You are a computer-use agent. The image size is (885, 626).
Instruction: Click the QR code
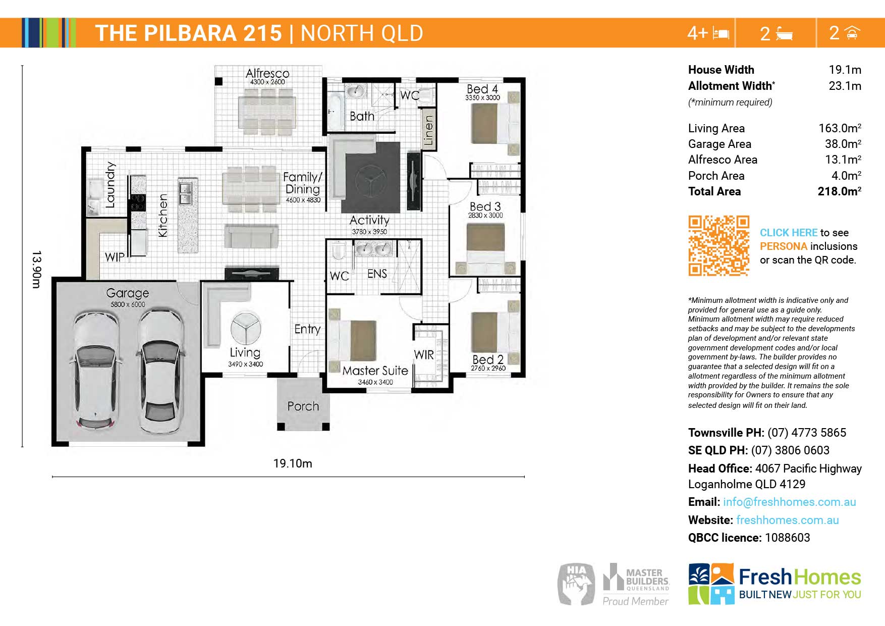point(718,246)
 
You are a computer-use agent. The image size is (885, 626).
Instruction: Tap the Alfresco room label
point(267,74)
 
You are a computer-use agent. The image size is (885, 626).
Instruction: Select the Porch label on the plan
point(303,406)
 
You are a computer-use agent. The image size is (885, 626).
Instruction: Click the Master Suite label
point(375,371)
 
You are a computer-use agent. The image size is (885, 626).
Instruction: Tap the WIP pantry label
point(115,257)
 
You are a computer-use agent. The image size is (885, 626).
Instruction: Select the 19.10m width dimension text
point(293,463)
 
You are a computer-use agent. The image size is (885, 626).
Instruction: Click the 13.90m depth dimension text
point(36,269)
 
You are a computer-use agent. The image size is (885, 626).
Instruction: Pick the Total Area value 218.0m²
point(839,191)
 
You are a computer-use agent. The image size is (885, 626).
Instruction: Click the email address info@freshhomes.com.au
point(790,502)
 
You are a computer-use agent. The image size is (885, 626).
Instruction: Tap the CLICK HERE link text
point(789,233)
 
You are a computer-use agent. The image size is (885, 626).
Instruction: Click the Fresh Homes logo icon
point(711,584)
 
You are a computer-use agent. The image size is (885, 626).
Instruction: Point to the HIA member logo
point(576,584)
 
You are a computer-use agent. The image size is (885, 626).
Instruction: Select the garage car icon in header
point(852,33)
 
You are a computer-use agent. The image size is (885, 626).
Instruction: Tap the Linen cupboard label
point(428,130)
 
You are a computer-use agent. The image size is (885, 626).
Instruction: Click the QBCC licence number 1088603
point(788,538)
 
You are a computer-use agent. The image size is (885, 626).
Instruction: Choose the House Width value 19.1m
point(845,70)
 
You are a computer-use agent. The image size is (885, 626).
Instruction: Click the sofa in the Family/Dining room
point(251,236)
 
